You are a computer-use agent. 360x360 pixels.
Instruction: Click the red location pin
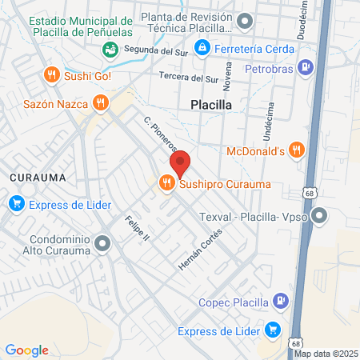pyautogui.click(x=181, y=163)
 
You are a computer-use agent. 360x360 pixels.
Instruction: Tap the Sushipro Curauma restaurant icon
pyautogui.click(x=167, y=184)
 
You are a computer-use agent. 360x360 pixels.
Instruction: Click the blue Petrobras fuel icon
pyautogui.click(x=305, y=67)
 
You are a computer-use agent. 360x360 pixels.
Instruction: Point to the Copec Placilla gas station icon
pyautogui.click(x=280, y=302)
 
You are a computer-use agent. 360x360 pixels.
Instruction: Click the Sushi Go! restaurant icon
pyautogui.click(x=52, y=75)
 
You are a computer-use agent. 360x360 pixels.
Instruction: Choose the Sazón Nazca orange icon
pyautogui.click(x=100, y=102)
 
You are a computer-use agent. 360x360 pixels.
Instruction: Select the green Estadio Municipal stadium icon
pyautogui.click(x=110, y=50)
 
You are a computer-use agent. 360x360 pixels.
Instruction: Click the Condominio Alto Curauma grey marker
pyautogui.click(x=101, y=242)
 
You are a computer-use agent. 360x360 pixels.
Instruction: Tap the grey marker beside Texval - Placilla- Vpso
pyautogui.click(x=320, y=215)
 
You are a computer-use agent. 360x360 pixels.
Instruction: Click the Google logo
pyautogui.click(x=26, y=350)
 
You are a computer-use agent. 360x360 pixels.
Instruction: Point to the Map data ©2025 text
pyautogui.click(x=326, y=354)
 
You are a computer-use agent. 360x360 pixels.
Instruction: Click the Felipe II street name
pyautogui.click(x=138, y=228)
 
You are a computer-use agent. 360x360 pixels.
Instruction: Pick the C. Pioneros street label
pyautogui.click(x=159, y=134)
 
